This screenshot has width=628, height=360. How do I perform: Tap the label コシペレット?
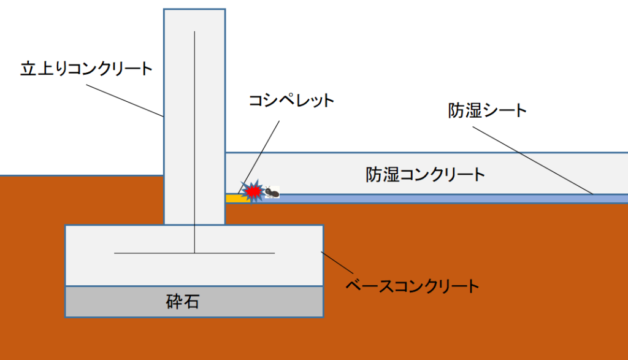click(291, 100)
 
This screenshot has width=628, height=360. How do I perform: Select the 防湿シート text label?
click(488, 111)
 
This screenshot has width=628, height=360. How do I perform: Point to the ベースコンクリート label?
click(412, 285)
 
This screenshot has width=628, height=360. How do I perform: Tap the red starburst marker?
click(253, 192)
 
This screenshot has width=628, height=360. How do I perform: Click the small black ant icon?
click(272, 193)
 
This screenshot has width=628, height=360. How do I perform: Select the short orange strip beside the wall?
click(233, 198)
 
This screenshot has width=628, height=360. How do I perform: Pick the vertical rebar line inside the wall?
click(194, 123)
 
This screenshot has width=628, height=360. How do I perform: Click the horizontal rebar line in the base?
click(153, 253)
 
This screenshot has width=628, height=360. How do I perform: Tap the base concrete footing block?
click(276, 270)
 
